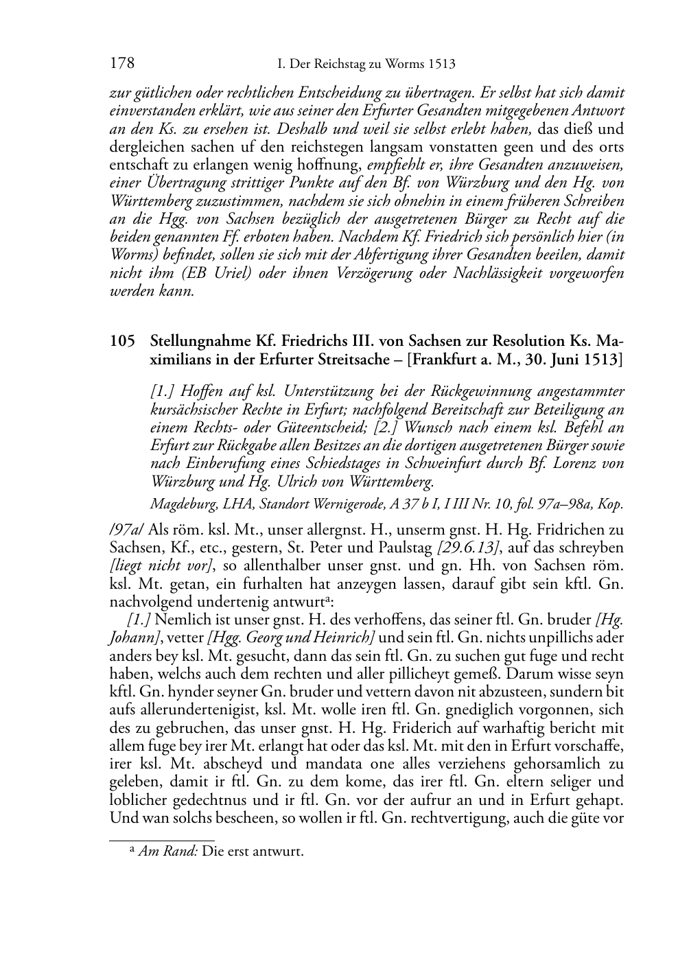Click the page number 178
click(121, 65)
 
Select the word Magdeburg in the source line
click(180, 505)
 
